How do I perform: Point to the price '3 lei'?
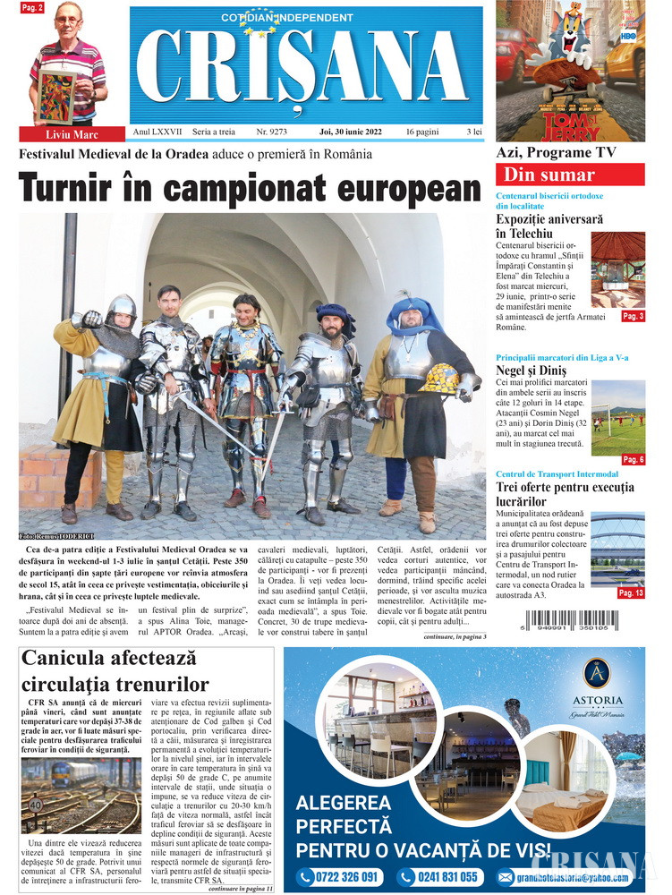click(473, 132)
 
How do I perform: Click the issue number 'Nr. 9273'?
click(271, 132)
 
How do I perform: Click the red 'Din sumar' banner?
click(570, 175)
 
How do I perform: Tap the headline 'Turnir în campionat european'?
click(250, 189)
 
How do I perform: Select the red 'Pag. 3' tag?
click(633, 316)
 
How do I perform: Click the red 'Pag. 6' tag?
click(633, 459)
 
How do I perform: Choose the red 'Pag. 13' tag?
click(631, 592)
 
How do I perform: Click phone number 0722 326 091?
click(340, 876)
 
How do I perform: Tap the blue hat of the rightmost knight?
click(413, 313)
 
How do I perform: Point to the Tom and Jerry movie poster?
click(570, 71)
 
